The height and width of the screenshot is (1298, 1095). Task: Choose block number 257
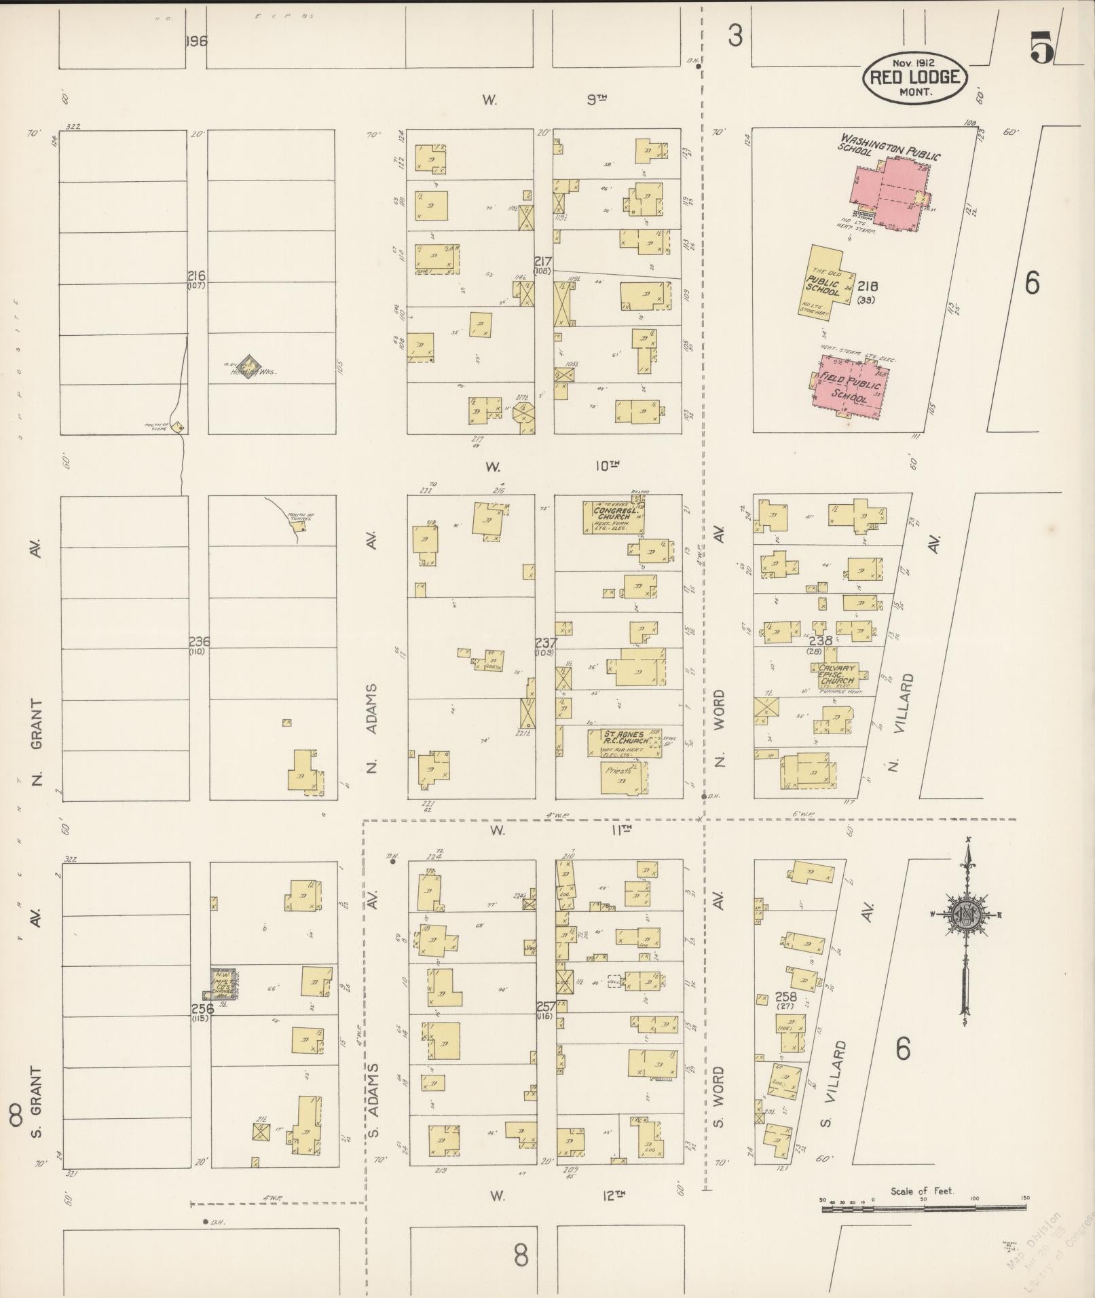(546, 1006)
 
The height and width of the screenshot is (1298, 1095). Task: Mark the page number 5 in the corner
(1041, 46)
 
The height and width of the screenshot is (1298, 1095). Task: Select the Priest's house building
(624, 778)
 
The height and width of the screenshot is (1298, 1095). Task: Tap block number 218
(868, 286)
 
